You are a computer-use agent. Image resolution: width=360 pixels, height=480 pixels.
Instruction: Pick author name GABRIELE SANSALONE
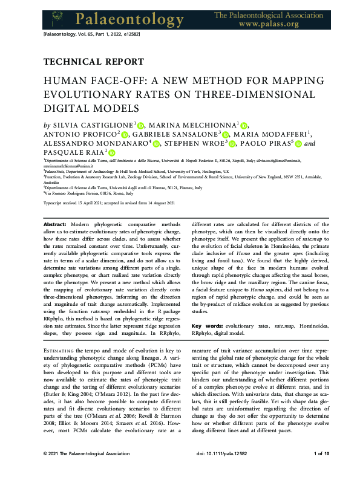point(179,134)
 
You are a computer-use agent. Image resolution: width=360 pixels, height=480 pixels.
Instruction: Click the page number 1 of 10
point(321,470)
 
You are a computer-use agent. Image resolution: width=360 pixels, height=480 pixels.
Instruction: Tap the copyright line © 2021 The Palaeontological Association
point(86,470)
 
